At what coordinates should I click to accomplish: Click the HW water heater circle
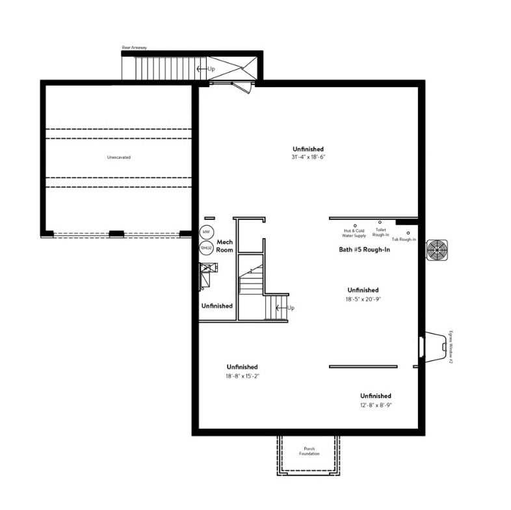pyautogui.click(x=207, y=232)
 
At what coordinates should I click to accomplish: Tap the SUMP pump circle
pyautogui.click(x=207, y=248)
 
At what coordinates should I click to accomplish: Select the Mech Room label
pyautogui.click(x=225, y=246)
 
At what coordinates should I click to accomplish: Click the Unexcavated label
pyautogui.click(x=118, y=157)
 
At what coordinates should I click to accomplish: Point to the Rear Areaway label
pyautogui.click(x=135, y=47)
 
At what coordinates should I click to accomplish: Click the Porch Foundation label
pyautogui.click(x=309, y=451)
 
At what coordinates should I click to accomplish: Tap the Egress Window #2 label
pyautogui.click(x=451, y=347)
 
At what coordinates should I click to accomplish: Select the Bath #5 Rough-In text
pyautogui.click(x=364, y=249)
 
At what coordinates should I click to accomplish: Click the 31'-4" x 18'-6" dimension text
pyautogui.click(x=308, y=157)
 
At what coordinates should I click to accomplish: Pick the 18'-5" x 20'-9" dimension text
pyautogui.click(x=363, y=299)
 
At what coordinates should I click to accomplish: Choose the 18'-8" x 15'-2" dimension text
pyautogui.click(x=242, y=376)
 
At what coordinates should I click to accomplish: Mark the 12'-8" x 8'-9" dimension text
pyautogui.click(x=376, y=405)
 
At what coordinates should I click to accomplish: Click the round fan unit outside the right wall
pyautogui.click(x=437, y=250)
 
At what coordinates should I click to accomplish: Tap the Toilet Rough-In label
pyautogui.click(x=380, y=232)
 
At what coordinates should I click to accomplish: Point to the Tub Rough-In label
pyautogui.click(x=404, y=239)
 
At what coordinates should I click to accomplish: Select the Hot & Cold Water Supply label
pyautogui.click(x=354, y=233)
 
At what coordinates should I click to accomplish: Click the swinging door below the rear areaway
pyautogui.click(x=242, y=87)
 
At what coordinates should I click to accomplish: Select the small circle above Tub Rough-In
pyautogui.click(x=408, y=233)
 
